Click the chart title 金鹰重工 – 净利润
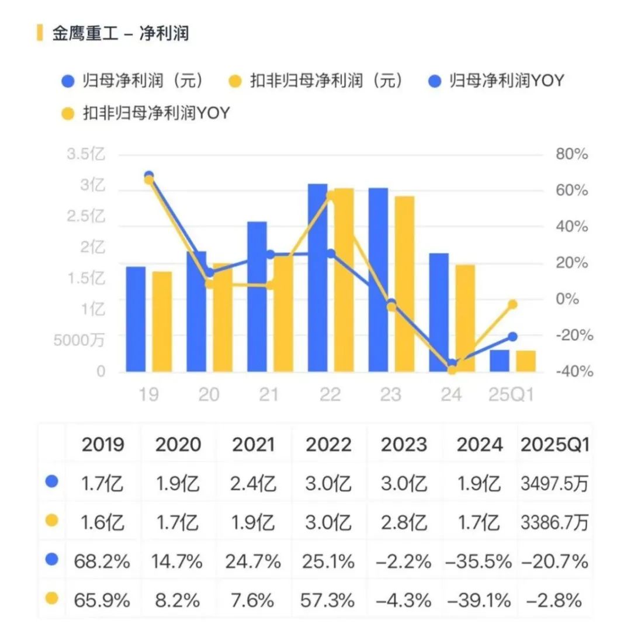[x=120, y=33]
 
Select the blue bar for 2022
[x=317, y=278]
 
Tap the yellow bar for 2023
[x=404, y=284]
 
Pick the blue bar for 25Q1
[x=500, y=360]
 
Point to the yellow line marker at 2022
[x=331, y=196]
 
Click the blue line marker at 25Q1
[x=513, y=337]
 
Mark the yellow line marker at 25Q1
[x=513, y=304]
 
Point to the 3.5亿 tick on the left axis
[x=86, y=155]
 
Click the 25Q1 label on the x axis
[x=512, y=395]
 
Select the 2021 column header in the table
[x=253, y=445]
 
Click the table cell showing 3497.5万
[x=554, y=484]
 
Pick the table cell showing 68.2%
[x=102, y=561]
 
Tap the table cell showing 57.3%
[x=328, y=600]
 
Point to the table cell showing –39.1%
[x=479, y=600]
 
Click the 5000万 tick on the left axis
[x=79, y=340]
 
